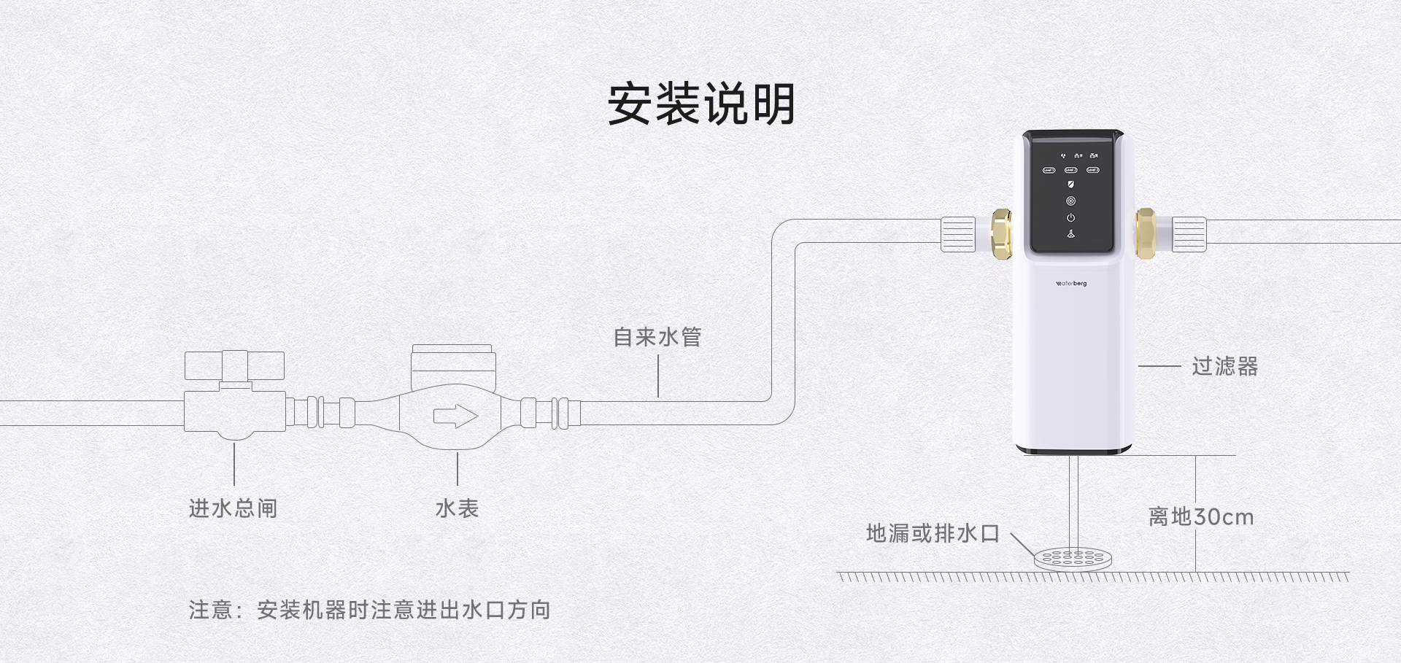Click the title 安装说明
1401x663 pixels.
pyautogui.click(x=700, y=104)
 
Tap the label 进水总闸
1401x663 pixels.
pyautogui.click(x=233, y=508)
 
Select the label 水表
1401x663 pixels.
pyautogui.click(x=457, y=508)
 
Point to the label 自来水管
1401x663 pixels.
pyautogui.click(x=657, y=337)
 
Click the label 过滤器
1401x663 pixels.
pyautogui.click(x=1225, y=366)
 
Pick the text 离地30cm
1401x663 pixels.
pyautogui.click(x=1201, y=517)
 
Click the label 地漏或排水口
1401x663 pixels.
pyautogui.click(x=933, y=533)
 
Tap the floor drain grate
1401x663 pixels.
pyautogui.click(x=1073, y=559)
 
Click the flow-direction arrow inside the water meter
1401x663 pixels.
pyautogui.click(x=455, y=416)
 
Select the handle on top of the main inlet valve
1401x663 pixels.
pyautogui.click(x=234, y=365)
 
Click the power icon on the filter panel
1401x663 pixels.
pyautogui.click(x=1070, y=217)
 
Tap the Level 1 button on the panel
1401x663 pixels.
pyautogui.click(x=1049, y=170)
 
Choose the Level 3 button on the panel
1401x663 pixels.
pyautogui.click(x=1092, y=170)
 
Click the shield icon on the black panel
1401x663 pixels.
pyautogui.click(x=1070, y=185)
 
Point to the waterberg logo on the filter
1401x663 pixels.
pyautogui.click(x=1070, y=283)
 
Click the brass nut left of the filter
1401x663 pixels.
pyautogui.click(x=1001, y=233)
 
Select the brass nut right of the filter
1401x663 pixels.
pyautogui.click(x=1145, y=233)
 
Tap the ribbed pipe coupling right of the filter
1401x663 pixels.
pyautogui.click(x=1189, y=234)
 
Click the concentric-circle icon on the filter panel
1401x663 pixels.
pyautogui.click(x=1070, y=201)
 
